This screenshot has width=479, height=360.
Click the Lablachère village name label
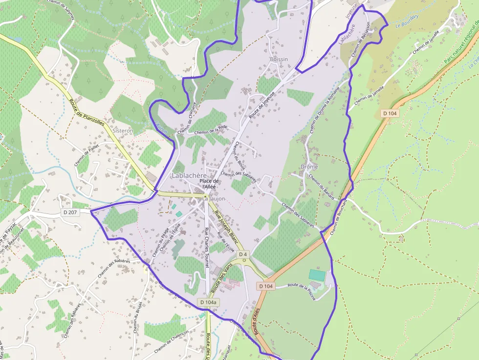190,175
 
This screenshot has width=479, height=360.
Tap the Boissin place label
279,59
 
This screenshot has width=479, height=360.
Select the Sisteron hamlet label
123,131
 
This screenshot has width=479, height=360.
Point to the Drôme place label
309,167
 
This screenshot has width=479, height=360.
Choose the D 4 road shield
243,254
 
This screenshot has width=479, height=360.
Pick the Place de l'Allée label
209,184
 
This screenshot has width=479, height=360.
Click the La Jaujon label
214,199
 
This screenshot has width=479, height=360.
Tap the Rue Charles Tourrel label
207,247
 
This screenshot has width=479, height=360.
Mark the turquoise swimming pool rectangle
317,275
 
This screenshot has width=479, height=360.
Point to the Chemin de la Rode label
211,130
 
